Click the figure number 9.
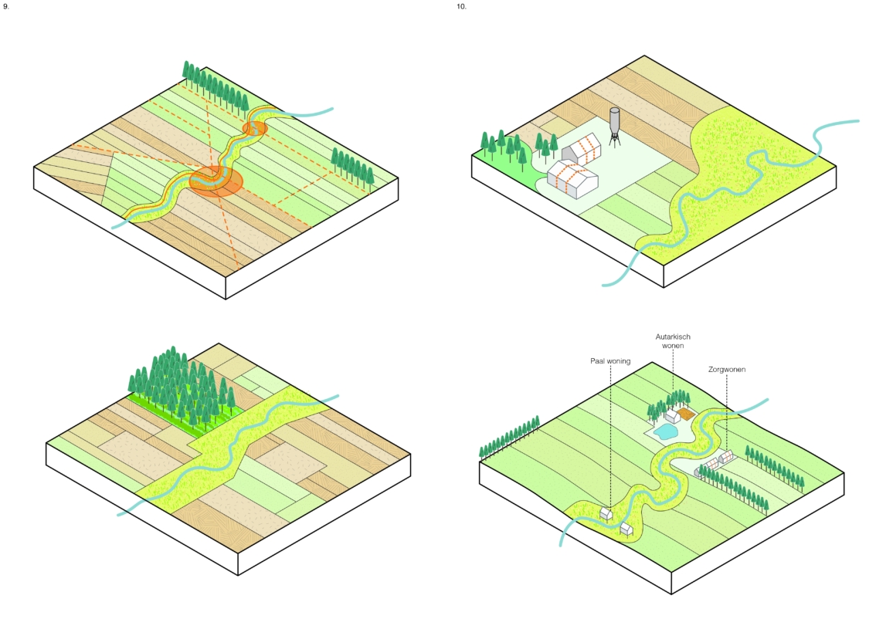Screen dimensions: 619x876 pyautogui.click(x=6, y=6)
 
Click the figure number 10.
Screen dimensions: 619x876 pyautogui.click(x=461, y=6)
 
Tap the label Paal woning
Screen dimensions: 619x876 pyautogui.click(x=610, y=360)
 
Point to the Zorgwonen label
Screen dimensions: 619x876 pyautogui.click(x=727, y=370)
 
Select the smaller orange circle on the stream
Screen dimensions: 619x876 pyautogui.click(x=254, y=127)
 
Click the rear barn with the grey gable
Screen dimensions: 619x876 pyautogui.click(x=581, y=148)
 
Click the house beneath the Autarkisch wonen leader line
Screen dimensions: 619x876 pyautogui.click(x=672, y=415)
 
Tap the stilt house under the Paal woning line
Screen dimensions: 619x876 pyautogui.click(x=606, y=512)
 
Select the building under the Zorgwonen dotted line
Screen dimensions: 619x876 pyautogui.click(x=725, y=458)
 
